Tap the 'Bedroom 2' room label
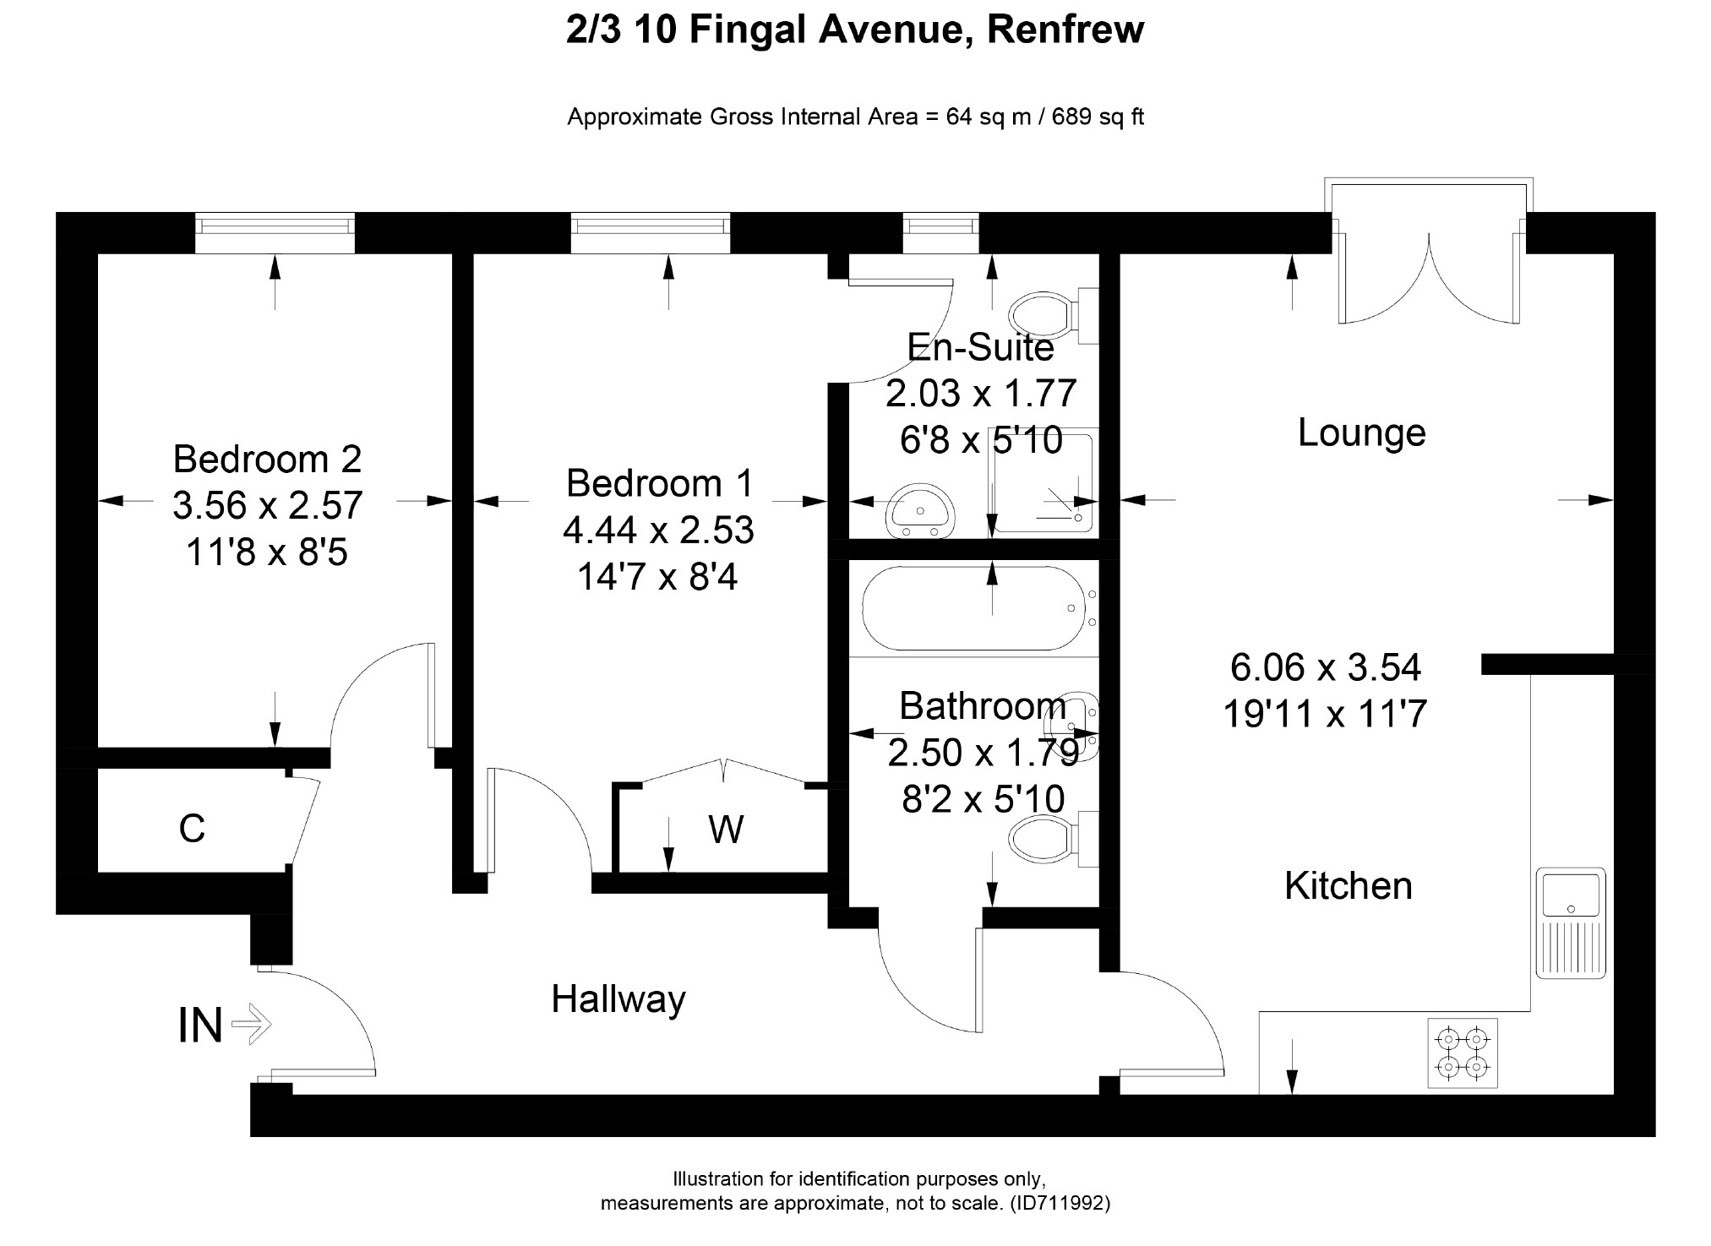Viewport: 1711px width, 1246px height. (x=267, y=460)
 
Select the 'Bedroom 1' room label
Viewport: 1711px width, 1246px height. (x=658, y=484)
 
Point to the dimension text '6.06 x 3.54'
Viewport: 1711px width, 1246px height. (x=1325, y=668)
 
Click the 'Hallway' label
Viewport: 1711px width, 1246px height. (x=618, y=1000)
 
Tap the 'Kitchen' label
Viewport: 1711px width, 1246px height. (x=1348, y=886)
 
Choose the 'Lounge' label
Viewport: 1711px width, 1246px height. (x=1361, y=433)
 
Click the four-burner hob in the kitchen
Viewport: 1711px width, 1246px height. (x=1462, y=1053)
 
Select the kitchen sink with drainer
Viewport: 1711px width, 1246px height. (x=1571, y=922)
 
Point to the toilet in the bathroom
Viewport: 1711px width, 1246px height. (x=1048, y=839)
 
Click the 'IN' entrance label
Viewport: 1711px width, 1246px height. (x=200, y=1026)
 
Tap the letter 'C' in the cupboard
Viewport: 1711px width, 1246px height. (x=192, y=830)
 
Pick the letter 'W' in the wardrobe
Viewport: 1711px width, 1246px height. (x=726, y=830)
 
